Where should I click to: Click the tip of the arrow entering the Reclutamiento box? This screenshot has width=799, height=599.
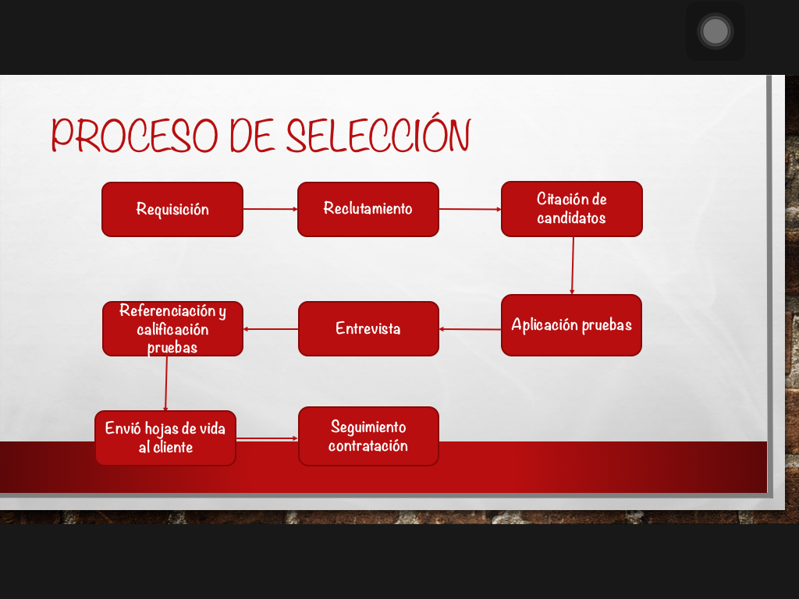[x=297, y=209]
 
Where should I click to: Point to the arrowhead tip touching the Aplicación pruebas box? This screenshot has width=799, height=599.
[x=572, y=294]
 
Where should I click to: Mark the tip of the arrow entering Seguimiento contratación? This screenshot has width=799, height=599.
[x=298, y=438]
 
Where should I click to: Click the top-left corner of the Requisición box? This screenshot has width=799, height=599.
[x=102, y=183]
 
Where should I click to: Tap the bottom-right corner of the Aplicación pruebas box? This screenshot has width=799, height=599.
[x=641, y=356]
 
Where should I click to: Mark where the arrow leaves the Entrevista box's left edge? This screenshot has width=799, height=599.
[x=299, y=329]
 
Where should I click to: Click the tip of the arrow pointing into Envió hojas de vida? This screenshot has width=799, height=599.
[x=165, y=410]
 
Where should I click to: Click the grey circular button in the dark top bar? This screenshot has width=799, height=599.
[x=716, y=31]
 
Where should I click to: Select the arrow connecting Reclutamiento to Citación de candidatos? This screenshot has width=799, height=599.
[x=470, y=209]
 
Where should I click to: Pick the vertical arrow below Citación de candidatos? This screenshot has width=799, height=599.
[x=572, y=265]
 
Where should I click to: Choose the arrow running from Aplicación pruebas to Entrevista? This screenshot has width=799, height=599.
[x=470, y=329]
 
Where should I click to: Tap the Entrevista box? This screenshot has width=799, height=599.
[x=368, y=328]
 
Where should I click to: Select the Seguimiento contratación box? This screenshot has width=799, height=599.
[x=368, y=436]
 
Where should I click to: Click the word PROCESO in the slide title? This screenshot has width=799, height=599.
[x=134, y=135]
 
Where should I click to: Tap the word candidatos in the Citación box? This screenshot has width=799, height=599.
[x=571, y=218]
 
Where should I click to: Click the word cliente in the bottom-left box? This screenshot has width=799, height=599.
[x=173, y=447]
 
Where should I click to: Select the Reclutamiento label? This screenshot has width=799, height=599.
[x=368, y=208]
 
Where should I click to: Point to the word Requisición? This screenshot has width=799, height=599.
[x=172, y=209]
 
